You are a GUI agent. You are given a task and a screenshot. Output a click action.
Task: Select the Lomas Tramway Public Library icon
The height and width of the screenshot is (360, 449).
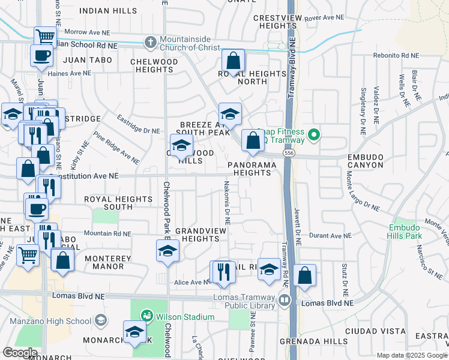[x=285, y=299]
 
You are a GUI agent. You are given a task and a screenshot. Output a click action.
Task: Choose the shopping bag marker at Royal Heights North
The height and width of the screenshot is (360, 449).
[x=233, y=61]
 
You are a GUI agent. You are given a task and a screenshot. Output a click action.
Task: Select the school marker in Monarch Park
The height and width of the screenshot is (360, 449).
[x=134, y=332]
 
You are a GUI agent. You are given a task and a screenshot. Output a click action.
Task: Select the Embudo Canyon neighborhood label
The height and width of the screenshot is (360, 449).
[x=365, y=160]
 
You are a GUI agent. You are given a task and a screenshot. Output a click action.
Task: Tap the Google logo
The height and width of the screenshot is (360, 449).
[x=19, y=353]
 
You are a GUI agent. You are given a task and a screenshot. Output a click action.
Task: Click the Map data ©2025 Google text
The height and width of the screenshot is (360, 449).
[x=411, y=355]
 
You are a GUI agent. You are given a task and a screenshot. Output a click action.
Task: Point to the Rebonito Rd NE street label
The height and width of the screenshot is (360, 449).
[x=393, y=56]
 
